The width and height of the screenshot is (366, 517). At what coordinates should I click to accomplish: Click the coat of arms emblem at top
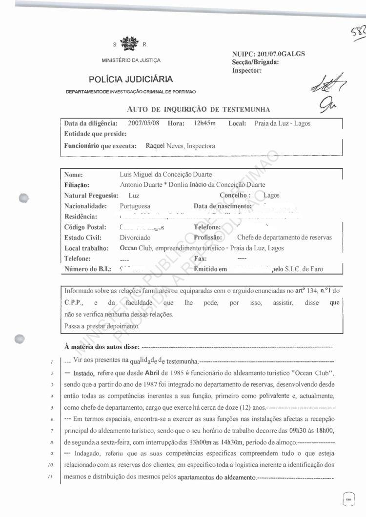(x=131, y=44)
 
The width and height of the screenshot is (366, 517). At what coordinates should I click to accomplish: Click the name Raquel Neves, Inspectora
(x=180, y=145)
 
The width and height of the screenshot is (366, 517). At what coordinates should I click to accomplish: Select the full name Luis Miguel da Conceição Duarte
(x=166, y=175)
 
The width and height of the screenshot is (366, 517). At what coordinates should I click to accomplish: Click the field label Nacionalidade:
(x=86, y=206)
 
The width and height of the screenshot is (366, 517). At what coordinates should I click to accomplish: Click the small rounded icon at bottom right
(x=348, y=499)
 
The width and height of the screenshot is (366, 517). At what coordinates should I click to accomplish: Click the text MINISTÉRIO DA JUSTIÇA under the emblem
(x=131, y=60)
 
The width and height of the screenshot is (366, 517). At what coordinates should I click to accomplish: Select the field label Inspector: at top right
(x=247, y=71)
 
